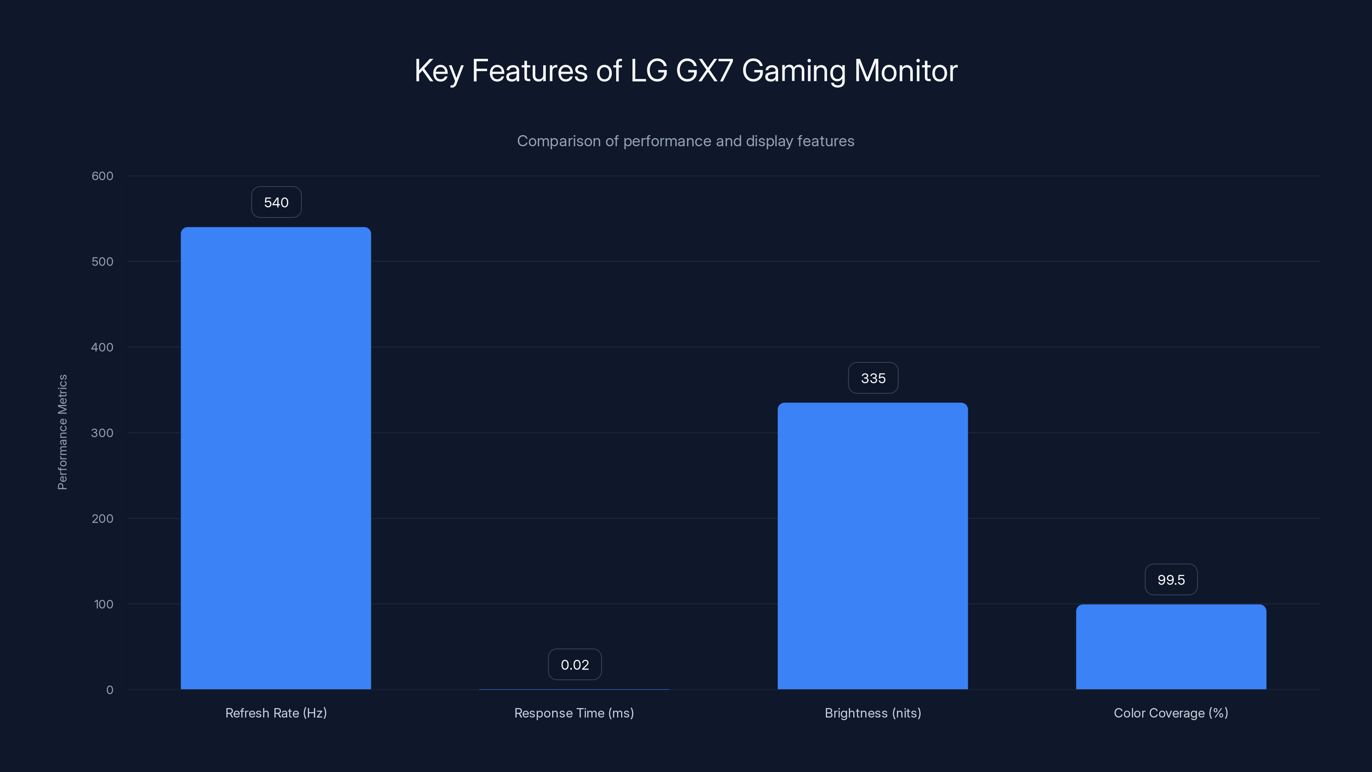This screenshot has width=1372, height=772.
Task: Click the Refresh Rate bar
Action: pyautogui.click(x=276, y=458)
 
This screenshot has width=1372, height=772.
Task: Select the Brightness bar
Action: pyautogui.click(x=873, y=546)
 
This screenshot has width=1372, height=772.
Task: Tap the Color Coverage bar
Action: pyautogui.click(x=1170, y=647)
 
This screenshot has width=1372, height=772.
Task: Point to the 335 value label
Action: pyautogui.click(x=873, y=378)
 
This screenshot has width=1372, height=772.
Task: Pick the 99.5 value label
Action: pyautogui.click(x=1170, y=580)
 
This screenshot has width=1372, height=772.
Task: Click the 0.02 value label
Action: pyautogui.click(x=575, y=665)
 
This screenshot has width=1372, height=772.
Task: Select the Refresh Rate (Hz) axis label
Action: pyautogui.click(x=276, y=713)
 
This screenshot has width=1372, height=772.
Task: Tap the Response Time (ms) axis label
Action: pyautogui.click(x=574, y=713)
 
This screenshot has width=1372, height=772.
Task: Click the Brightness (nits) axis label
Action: pyautogui.click(x=873, y=713)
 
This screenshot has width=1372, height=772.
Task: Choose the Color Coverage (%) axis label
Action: pyautogui.click(x=1170, y=713)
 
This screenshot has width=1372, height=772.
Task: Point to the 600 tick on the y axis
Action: pyautogui.click(x=102, y=176)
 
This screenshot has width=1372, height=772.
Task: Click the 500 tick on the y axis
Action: pyautogui.click(x=102, y=262)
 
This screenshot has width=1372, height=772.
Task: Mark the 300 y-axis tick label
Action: pyautogui.click(x=102, y=433)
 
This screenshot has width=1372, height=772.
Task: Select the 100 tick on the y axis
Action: pyautogui.click(x=103, y=605)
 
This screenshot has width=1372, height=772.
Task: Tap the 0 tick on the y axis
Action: pyautogui.click(x=110, y=691)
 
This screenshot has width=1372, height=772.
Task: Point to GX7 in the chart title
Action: pyautogui.click(x=704, y=71)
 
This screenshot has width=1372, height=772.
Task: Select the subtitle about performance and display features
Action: pyautogui.click(x=686, y=141)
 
